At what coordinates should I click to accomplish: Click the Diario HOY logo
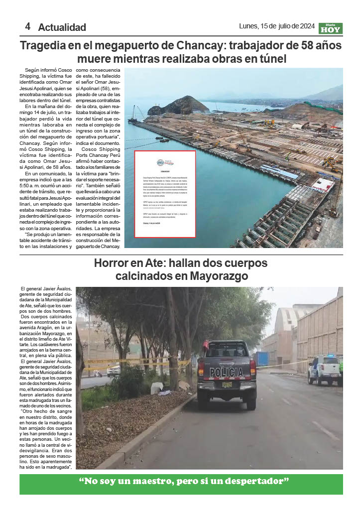(331, 28)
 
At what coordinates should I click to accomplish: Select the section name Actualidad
(62, 27)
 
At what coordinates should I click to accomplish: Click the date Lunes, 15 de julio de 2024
(277, 26)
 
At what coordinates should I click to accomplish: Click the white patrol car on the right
(324, 370)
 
